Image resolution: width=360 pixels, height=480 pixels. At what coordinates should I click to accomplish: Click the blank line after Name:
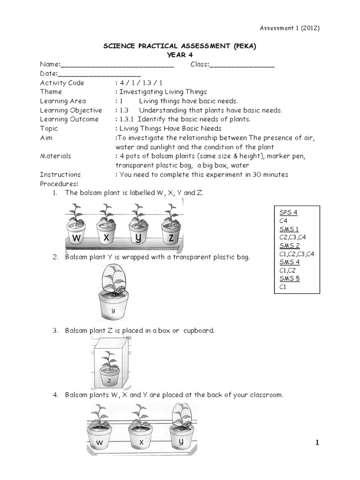tap(117, 67)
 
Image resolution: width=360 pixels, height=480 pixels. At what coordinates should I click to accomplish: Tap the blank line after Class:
tap(242, 67)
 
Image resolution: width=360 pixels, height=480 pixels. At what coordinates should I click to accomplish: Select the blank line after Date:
tap(99, 75)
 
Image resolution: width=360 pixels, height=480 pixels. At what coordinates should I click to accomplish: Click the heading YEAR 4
tap(180, 55)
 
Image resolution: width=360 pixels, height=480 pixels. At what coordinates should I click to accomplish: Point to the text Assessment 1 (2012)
tap(290, 28)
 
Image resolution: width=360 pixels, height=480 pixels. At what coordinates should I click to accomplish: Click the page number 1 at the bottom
tap(317, 442)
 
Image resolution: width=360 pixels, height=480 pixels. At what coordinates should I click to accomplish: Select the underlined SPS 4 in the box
tap(288, 212)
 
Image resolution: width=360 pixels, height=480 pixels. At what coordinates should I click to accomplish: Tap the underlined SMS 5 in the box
tap(290, 278)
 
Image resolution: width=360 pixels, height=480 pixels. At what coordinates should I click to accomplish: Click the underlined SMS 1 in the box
tap(289, 229)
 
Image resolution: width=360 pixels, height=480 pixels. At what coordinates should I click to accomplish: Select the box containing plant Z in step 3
tap(111, 363)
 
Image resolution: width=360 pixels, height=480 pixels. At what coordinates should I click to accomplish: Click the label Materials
tap(55, 156)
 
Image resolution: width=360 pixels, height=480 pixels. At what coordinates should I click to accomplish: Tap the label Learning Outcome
tap(69, 120)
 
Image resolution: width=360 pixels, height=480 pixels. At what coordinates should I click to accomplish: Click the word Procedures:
tap(59, 184)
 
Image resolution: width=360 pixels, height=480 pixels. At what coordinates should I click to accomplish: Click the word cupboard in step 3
tap(199, 331)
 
